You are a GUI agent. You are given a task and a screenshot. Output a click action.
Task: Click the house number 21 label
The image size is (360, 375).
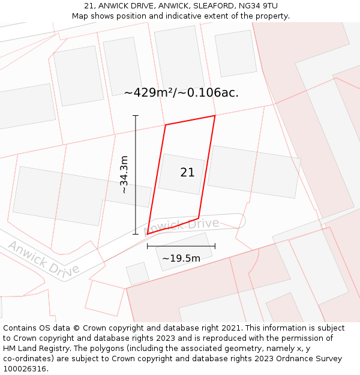(187, 173)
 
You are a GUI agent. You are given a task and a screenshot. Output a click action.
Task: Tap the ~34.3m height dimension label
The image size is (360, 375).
(124, 175)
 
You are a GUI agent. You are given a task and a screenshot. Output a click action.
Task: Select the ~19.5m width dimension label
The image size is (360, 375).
(181, 259)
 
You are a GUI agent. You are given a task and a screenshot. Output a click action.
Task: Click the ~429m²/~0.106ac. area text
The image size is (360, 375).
(181, 93)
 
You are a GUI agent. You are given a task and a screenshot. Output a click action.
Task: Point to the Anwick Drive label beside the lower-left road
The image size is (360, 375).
(43, 259)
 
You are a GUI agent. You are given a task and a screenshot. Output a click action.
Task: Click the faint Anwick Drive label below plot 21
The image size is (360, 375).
(181, 226)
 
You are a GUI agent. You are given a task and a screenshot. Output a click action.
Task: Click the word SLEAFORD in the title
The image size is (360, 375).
(212, 6)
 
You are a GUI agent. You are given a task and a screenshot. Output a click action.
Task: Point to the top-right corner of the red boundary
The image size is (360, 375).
(215, 115)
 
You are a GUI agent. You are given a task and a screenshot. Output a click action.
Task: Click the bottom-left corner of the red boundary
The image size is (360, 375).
(147, 234)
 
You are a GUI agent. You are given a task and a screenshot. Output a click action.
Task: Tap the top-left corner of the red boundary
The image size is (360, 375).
(166, 125)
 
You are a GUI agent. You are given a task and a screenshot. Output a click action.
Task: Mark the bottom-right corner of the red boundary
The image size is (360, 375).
(199, 218)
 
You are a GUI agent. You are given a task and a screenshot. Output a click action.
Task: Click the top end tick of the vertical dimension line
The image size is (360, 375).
(136, 116)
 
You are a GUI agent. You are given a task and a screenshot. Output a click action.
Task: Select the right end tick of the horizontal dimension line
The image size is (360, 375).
(215, 246)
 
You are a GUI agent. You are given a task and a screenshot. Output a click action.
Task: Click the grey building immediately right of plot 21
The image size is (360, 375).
(254, 172)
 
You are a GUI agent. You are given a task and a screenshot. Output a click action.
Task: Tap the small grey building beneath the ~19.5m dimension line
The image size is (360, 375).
(137, 274)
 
